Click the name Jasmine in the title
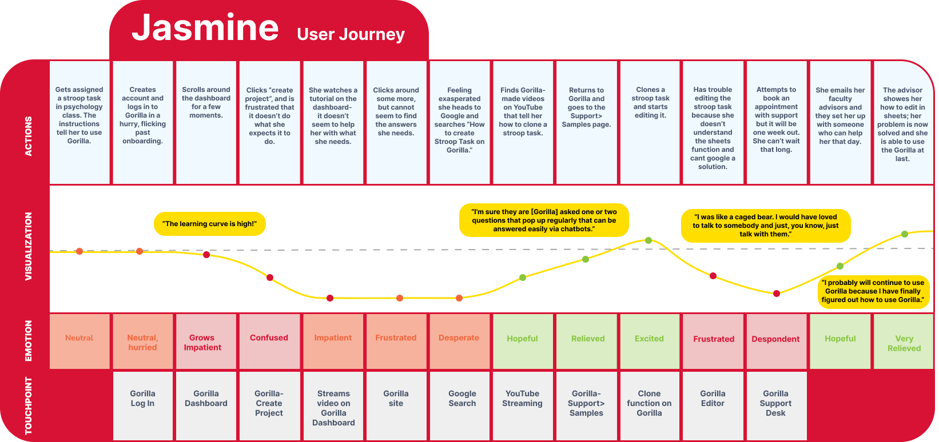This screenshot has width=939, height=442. (205, 29)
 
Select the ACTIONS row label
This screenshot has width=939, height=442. (29, 136)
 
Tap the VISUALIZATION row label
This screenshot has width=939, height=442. (29, 246)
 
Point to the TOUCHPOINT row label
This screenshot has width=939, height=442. (29, 405)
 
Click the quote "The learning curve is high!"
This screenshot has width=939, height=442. (210, 224)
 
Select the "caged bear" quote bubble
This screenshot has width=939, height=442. (765, 226)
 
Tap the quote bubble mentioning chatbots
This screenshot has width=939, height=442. (544, 220)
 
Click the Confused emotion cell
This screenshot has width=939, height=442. (269, 341)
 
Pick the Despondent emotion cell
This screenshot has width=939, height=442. (775, 341)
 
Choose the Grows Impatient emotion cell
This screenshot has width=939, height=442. (206, 341)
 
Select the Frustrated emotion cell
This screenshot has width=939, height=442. (713, 341)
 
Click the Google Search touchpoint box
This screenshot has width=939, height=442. (462, 405)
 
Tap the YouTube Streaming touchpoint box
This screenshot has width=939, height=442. (522, 405)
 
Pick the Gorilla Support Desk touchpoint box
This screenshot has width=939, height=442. (775, 405)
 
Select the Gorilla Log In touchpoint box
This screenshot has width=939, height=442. (142, 405)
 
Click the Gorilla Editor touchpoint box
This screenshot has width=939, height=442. (713, 405)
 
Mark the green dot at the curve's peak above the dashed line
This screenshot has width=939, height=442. (648, 240)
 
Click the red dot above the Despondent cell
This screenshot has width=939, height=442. (776, 294)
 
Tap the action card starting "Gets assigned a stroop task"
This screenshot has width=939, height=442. (79, 123)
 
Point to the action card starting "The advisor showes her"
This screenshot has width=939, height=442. (902, 123)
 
